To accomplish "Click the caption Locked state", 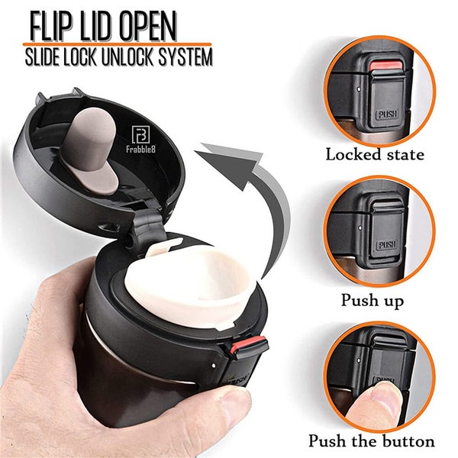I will (375, 154).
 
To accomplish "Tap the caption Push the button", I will (372, 441).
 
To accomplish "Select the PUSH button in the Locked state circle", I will (385, 107).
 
